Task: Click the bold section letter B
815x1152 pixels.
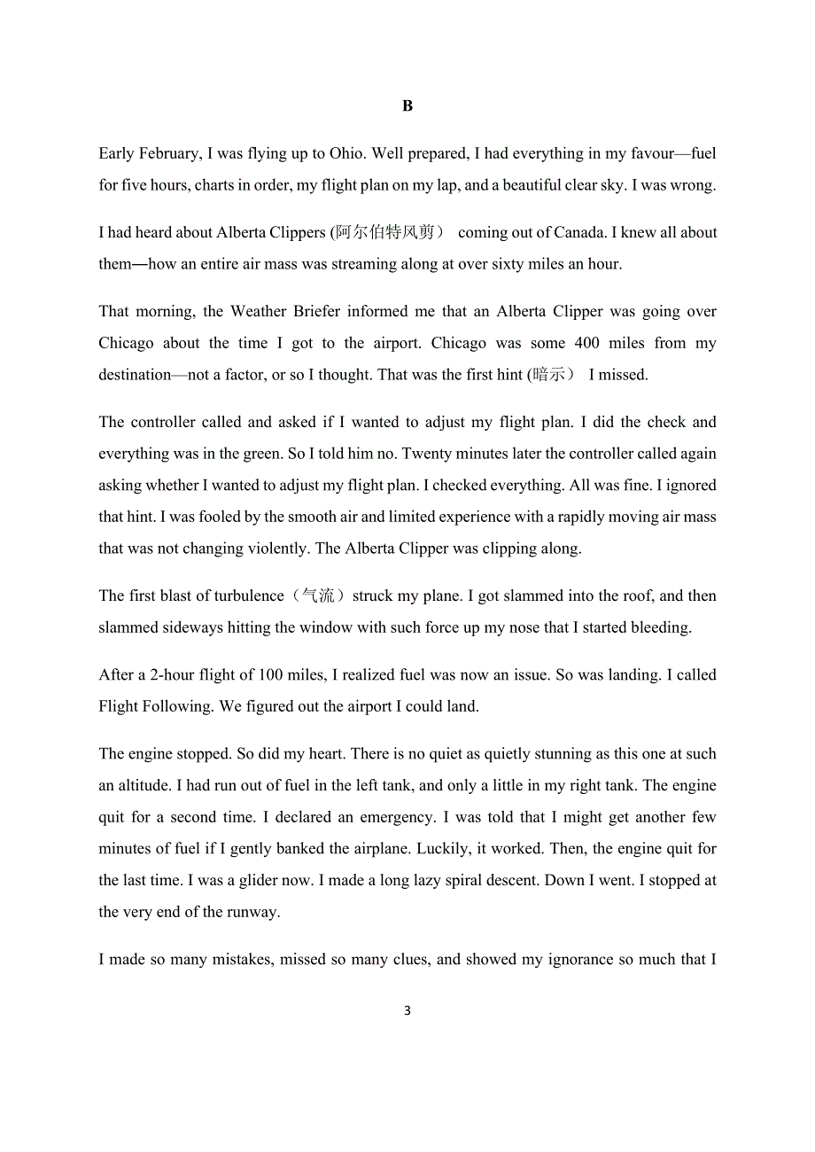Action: tap(407, 106)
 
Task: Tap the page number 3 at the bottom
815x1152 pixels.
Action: tap(407, 1010)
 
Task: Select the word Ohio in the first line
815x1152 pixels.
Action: tap(345, 153)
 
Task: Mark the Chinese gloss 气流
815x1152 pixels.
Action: tap(319, 595)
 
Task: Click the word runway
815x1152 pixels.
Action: tap(252, 912)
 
